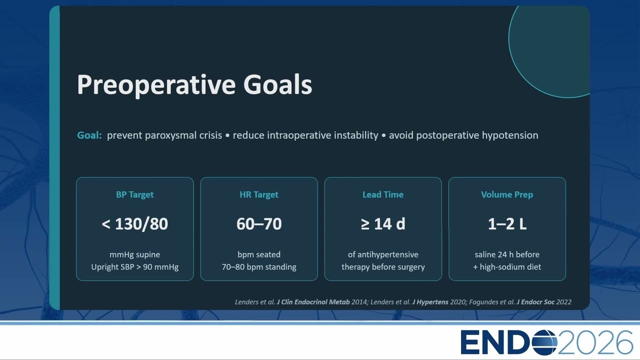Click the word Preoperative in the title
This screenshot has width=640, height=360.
coord(156,85)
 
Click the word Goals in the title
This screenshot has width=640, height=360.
coord(277,84)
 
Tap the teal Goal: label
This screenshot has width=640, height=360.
coord(89,135)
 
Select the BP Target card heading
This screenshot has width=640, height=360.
coord(135,194)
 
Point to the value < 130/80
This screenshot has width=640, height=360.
coord(135,223)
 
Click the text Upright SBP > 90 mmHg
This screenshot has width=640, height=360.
coord(135,267)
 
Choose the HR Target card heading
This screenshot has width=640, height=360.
coord(259,194)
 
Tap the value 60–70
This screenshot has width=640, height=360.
coord(259,223)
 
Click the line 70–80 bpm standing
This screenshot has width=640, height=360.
coord(259,267)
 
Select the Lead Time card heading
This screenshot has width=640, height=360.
coord(383,194)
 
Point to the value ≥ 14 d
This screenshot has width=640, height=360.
coord(383,223)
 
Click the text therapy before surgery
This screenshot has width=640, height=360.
coord(383,267)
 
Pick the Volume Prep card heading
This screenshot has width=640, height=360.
coord(507,194)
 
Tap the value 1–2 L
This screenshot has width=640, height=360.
coord(507,223)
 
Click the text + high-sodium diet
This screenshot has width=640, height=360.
coord(507,267)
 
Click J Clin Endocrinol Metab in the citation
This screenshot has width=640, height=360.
coord(313,302)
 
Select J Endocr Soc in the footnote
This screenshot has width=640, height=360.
coord(535,302)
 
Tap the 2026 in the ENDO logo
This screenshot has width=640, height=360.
coord(595,342)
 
